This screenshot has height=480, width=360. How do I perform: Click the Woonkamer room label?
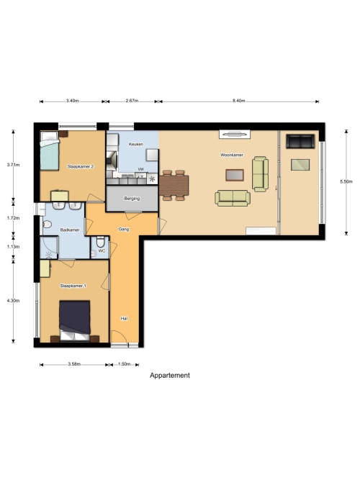(232, 155)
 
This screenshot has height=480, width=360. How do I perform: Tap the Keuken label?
(136, 144)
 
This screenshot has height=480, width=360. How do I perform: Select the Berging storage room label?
(132, 199)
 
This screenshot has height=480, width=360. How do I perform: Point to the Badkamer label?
(70, 230)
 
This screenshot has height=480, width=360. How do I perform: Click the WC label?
(102, 250)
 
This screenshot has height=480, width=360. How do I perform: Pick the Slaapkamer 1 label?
(73, 286)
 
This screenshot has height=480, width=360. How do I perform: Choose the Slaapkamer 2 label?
(80, 166)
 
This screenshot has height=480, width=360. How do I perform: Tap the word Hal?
(124, 318)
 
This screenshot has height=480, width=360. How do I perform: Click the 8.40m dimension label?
(238, 101)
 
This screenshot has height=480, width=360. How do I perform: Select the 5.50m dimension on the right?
(346, 181)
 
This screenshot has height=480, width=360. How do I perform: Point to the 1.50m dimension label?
(125, 364)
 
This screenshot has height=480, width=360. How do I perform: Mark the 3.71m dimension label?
(13, 165)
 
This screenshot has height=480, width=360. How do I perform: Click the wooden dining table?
(174, 186)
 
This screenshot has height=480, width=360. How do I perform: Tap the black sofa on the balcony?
(300, 141)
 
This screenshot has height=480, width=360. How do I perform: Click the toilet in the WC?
(101, 242)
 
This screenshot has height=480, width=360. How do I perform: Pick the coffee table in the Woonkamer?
(235, 175)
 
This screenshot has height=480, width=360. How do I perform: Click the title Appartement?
(170, 376)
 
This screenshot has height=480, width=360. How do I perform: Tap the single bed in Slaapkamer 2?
(50, 150)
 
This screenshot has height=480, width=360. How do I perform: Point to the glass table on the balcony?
(300, 165)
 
